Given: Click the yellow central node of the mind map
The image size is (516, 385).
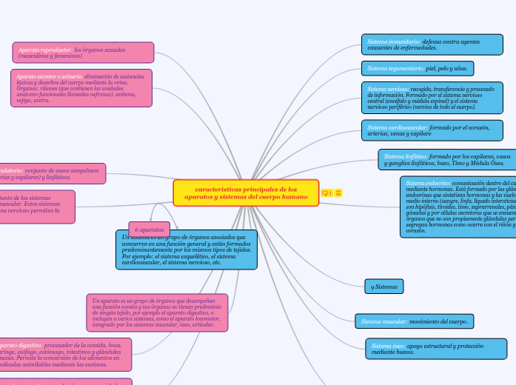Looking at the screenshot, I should (x=246, y=193).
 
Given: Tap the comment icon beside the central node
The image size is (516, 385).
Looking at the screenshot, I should (x=326, y=193).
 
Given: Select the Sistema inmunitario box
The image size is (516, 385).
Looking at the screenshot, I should (x=421, y=44).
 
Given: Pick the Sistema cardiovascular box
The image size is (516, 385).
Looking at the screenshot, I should (x=432, y=130).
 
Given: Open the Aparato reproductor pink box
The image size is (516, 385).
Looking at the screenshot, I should (x=82, y=53).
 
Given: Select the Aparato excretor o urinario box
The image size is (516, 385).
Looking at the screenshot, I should (x=81, y=87).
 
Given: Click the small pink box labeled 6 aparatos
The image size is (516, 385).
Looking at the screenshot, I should (x=149, y=230).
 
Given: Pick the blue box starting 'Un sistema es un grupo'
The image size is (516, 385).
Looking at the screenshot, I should (x=186, y=250).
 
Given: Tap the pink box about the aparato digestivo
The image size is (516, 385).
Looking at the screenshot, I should (x=65, y=354).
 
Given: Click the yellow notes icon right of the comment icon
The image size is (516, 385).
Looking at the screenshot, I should (x=339, y=193).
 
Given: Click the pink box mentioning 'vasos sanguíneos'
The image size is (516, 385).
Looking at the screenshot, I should (x=52, y=173).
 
